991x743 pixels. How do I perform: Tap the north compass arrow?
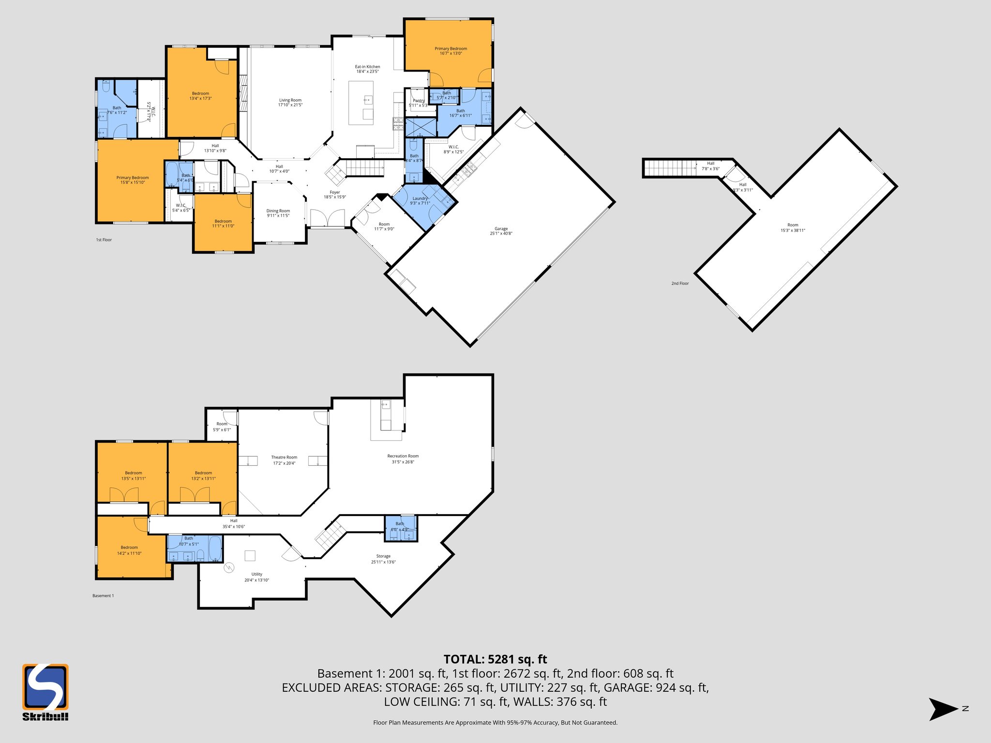[x=943, y=709]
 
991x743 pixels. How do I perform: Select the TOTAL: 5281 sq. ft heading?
[x=495, y=659]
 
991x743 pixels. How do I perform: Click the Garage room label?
[x=501, y=231]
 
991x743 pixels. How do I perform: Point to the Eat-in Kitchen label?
[x=367, y=69]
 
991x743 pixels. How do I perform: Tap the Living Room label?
[x=290, y=103]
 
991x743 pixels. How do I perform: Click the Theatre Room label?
[x=284, y=460]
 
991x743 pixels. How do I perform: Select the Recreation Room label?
[x=403, y=459]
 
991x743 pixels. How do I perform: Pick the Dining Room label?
[x=278, y=213]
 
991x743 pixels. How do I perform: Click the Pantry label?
[x=418, y=103]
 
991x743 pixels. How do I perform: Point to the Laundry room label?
[x=420, y=201]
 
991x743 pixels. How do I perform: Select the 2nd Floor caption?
[x=680, y=283]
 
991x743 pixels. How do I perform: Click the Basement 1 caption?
[x=103, y=596]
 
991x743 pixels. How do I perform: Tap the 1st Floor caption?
[x=104, y=240]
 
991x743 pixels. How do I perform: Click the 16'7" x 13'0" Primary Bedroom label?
[x=450, y=51]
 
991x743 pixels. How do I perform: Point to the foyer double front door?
[x=327, y=218]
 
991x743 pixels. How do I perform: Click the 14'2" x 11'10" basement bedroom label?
[x=129, y=550]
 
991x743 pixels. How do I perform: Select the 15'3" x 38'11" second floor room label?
[x=793, y=227]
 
